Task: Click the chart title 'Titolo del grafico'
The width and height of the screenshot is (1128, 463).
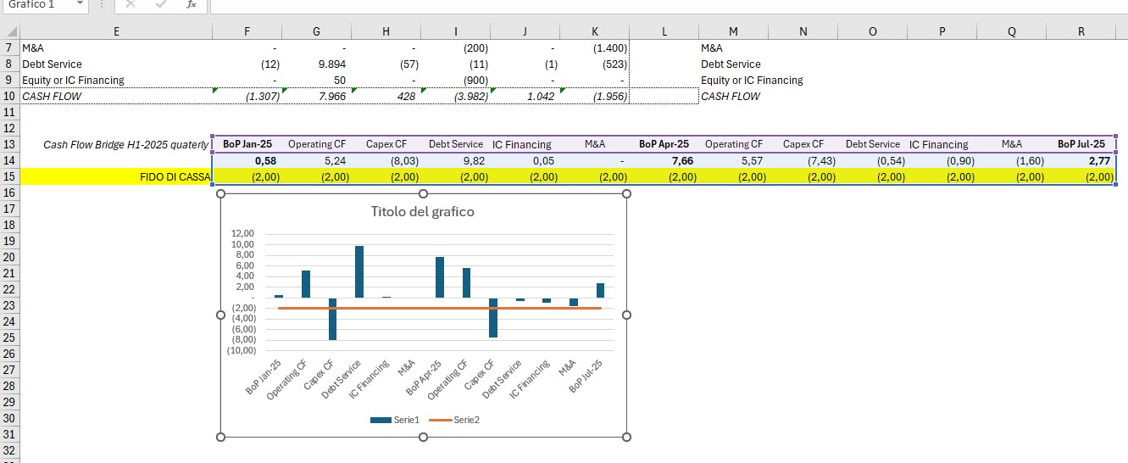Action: coord(422,212)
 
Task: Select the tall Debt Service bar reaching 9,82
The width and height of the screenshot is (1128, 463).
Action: coord(359,272)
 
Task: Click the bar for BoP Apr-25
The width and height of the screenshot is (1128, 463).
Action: coord(440,277)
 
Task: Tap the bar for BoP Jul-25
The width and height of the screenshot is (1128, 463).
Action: coord(600,290)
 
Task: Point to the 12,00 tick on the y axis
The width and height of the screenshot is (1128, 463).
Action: coord(242,233)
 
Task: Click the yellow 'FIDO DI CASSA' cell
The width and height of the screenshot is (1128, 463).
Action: coord(116,177)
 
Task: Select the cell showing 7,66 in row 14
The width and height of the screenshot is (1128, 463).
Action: coord(664,160)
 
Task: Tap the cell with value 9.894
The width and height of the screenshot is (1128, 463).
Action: coord(316,64)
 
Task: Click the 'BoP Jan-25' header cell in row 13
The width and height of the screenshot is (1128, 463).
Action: coord(247,144)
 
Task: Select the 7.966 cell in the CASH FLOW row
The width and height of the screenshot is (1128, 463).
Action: coord(316,97)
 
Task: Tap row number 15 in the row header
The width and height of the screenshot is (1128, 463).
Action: coord(9,177)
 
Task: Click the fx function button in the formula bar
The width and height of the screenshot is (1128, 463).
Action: coord(191,5)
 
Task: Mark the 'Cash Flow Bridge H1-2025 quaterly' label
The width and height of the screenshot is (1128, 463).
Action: coord(125,145)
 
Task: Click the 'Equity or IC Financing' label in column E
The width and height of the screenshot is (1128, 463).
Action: coord(73,81)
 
